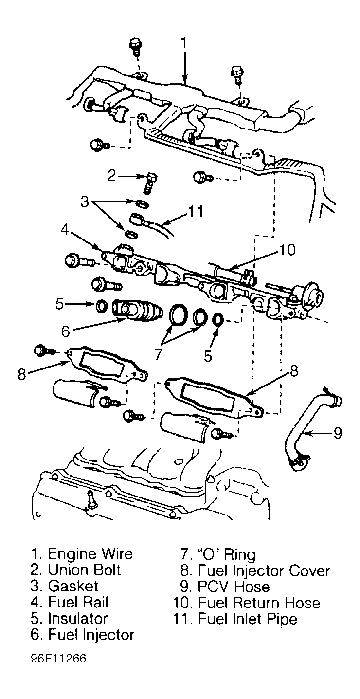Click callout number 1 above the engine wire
tap(184, 43)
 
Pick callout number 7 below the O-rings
tap(157, 354)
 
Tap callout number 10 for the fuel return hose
tap(287, 249)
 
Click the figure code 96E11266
tap(59, 658)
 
